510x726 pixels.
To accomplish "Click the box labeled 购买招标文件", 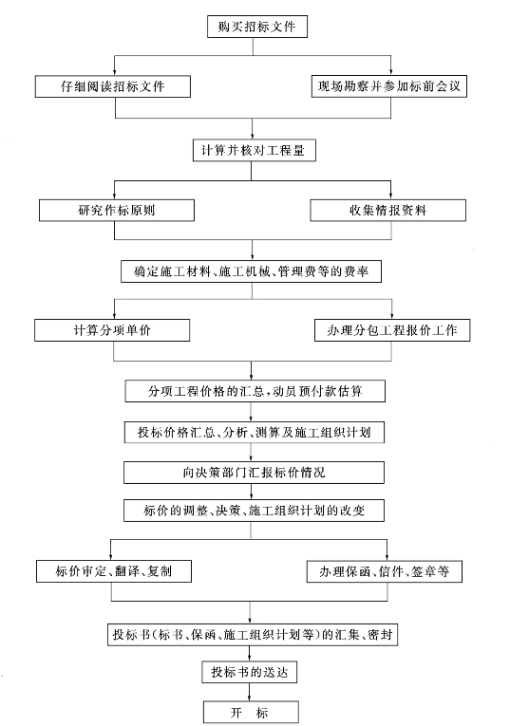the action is click(257, 27).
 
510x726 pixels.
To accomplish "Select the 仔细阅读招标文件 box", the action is click(113, 86).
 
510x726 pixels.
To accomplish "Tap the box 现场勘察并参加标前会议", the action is click(389, 86).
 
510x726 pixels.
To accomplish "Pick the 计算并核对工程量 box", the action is click(255, 150).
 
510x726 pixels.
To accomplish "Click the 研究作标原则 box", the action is click(116, 210).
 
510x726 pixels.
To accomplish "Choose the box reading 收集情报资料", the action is click(387, 210).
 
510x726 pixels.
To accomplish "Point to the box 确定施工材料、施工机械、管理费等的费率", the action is click(251, 271).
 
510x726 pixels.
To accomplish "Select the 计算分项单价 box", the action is click(112, 330).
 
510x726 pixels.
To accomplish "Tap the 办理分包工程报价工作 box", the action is click(392, 330).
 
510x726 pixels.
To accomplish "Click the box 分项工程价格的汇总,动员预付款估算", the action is click(255, 391).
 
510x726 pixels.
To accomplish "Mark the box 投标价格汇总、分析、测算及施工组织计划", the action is click(255, 432).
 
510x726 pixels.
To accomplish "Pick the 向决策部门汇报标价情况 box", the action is click(254, 473).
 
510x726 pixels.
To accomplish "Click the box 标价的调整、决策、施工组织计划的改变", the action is click(254, 511).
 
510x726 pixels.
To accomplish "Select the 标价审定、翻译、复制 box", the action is click(114, 571).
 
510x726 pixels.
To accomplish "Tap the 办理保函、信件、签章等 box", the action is click(385, 571).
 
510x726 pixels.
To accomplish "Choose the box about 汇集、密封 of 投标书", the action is click(253, 634).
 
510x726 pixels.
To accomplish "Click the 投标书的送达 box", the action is click(249, 672).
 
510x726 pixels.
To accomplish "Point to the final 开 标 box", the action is click(251, 712).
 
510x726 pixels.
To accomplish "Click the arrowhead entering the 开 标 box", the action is click(250, 698).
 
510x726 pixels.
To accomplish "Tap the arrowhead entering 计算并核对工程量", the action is click(252, 136).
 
